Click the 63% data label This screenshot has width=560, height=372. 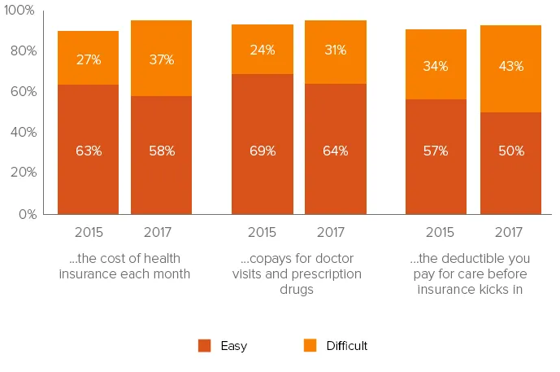pyautogui.click(x=89, y=151)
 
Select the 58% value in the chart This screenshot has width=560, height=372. pyautogui.click(x=161, y=151)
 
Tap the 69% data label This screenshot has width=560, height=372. pyautogui.click(x=262, y=151)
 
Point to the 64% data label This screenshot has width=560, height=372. pyautogui.click(x=335, y=151)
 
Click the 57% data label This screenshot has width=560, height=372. pyautogui.click(x=436, y=151)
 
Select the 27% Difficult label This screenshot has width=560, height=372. pyautogui.click(x=89, y=59)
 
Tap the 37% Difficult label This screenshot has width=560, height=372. pyautogui.click(x=161, y=59)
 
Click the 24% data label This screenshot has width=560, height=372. pyautogui.click(x=262, y=50)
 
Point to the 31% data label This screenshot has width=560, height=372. pyautogui.click(x=335, y=50)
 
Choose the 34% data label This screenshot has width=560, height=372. pyautogui.click(x=436, y=66)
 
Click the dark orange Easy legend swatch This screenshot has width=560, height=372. pyautogui.click(x=204, y=346)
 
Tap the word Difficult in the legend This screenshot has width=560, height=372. pyautogui.click(x=347, y=346)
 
